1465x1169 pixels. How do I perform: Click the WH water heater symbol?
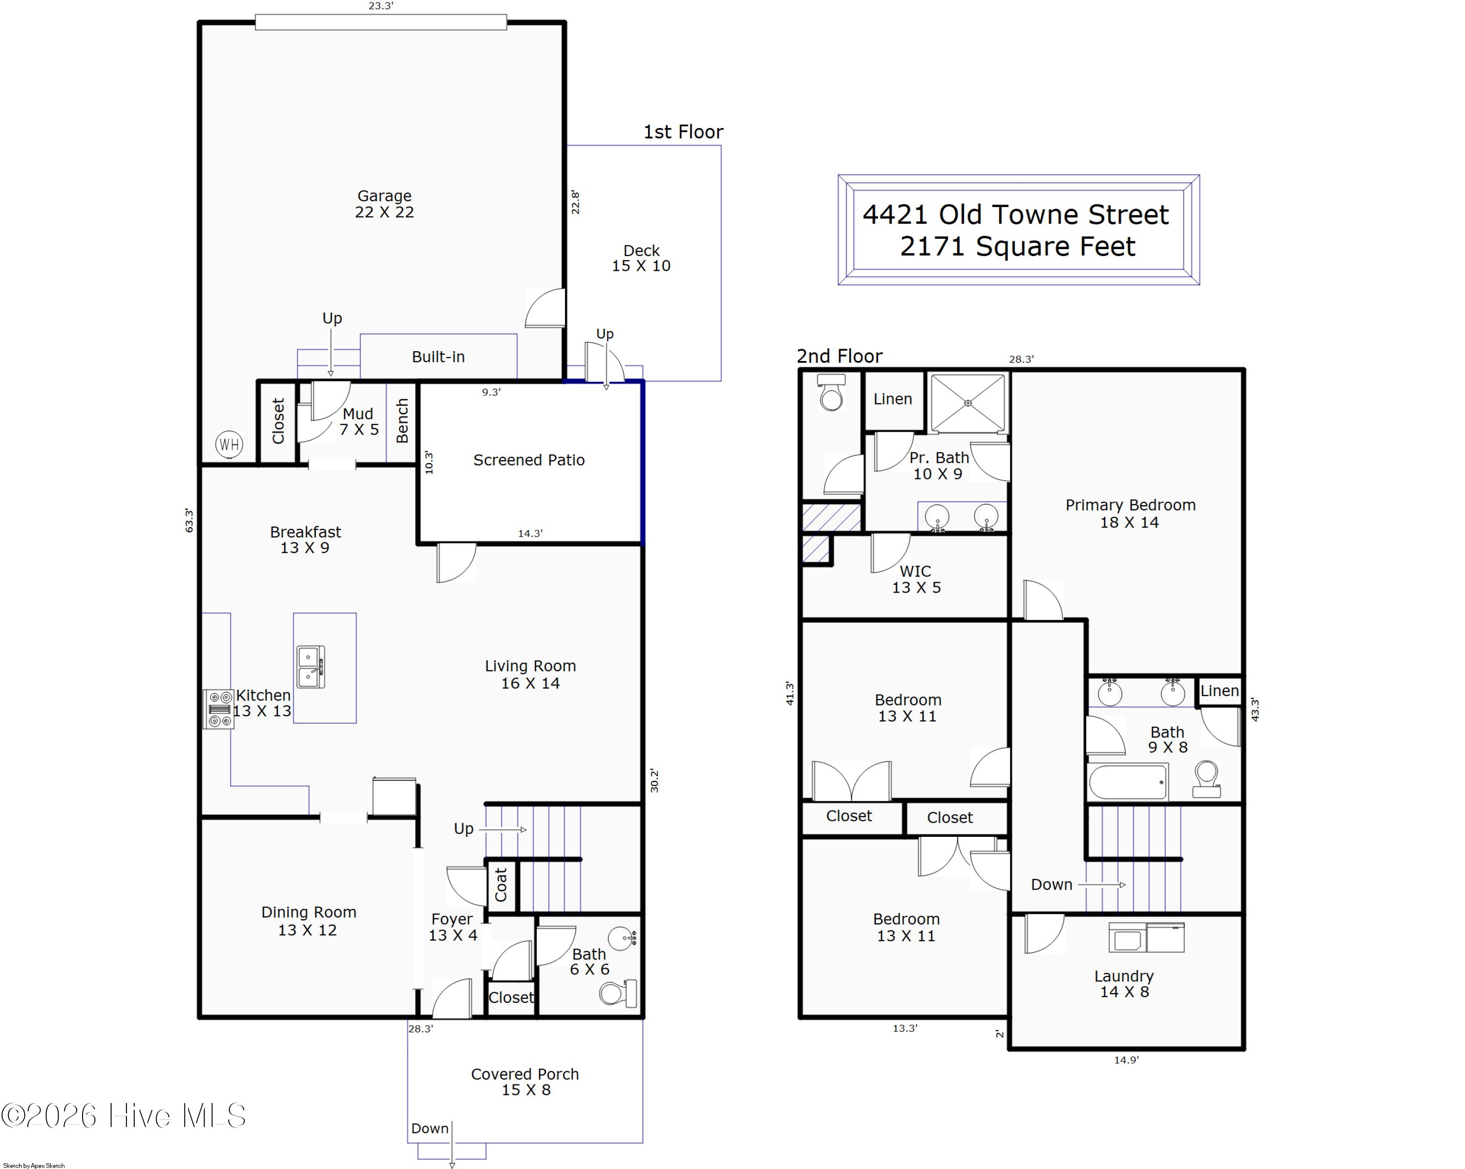[x=229, y=445]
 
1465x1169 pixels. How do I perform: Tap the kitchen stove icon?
[x=219, y=709]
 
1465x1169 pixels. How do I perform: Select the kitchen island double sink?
[x=311, y=667]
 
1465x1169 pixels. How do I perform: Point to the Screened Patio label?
[x=529, y=460]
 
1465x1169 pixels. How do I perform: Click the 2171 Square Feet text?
[x=1017, y=246]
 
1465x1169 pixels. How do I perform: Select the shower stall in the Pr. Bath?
[x=967, y=403]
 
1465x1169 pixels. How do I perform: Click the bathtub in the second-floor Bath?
[x=1128, y=782]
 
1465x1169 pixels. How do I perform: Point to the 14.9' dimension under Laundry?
[x=1126, y=1060]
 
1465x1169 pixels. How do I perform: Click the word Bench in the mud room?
[x=402, y=421]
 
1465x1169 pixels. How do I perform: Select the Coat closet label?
[x=501, y=884]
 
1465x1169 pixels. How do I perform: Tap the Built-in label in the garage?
[x=438, y=357]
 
